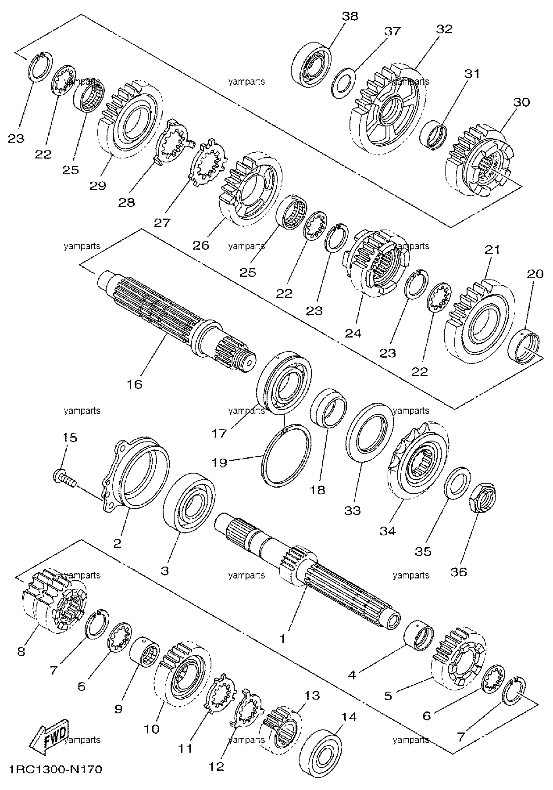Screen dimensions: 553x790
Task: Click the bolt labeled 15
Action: (x=64, y=479)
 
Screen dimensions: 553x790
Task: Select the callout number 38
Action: (x=350, y=17)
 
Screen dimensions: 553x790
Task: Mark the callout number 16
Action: (x=135, y=384)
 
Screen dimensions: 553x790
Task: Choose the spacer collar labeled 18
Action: (x=328, y=408)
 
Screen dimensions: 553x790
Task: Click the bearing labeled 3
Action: (x=189, y=502)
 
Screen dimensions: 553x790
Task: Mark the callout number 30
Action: (x=521, y=102)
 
